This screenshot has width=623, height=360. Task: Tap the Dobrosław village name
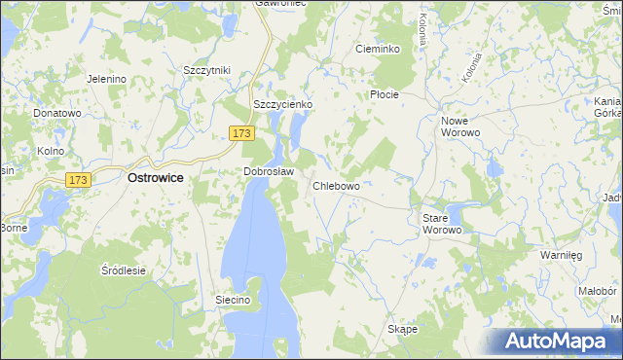coord(269,171)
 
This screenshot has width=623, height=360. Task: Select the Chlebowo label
coord(337,186)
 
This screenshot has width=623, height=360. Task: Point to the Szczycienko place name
coord(281,104)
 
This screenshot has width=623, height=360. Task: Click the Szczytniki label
coord(206,70)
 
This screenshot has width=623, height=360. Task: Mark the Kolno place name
coord(50,151)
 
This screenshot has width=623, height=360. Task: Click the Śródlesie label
coord(123,271)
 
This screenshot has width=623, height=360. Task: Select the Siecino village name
coord(234,301)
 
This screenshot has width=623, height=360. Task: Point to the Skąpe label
coord(402,329)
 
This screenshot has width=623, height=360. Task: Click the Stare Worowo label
coord(448,224)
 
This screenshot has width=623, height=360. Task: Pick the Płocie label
coord(385,94)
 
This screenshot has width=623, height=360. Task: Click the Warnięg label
coord(561,254)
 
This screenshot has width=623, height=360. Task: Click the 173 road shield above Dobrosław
coord(242,131)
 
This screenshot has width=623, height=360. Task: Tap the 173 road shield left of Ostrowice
coord(79,180)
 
